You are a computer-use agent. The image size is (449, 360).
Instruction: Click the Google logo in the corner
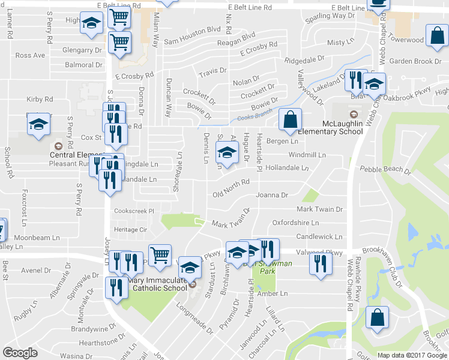[x=20, y=353]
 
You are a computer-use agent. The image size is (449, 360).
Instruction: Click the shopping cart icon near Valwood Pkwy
[x=160, y=256]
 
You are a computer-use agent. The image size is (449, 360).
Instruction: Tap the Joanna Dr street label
[x=272, y=195]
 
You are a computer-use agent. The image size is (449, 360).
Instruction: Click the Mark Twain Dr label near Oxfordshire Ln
[x=319, y=209]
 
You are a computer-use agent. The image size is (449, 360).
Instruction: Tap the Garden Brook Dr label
[x=415, y=61]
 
